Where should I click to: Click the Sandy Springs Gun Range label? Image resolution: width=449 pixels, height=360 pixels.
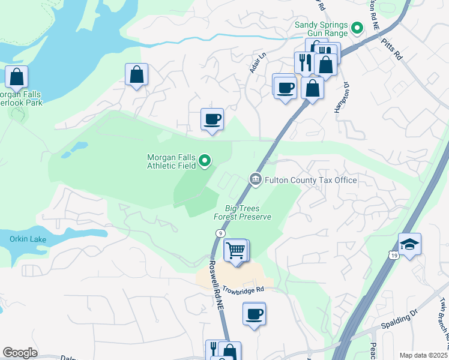(x=321, y=29)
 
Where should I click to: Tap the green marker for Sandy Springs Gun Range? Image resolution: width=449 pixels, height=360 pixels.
(x=357, y=28)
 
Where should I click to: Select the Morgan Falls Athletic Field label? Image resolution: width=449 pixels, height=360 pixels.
(x=172, y=161)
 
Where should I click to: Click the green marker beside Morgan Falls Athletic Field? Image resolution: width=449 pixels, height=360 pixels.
(x=205, y=160)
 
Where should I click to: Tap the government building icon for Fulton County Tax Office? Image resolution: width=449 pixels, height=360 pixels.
(x=255, y=179)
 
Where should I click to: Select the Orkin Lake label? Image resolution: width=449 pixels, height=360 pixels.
(x=26, y=238)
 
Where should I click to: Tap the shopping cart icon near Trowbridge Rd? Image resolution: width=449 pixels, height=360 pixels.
(x=236, y=250)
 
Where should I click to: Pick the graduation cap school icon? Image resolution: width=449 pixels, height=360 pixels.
(x=409, y=244)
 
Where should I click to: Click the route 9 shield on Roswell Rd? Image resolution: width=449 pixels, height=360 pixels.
(x=221, y=233)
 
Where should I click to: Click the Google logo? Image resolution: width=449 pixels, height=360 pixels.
(x=20, y=352)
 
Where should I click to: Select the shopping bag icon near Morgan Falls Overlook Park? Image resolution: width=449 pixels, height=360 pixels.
(x=16, y=77)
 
